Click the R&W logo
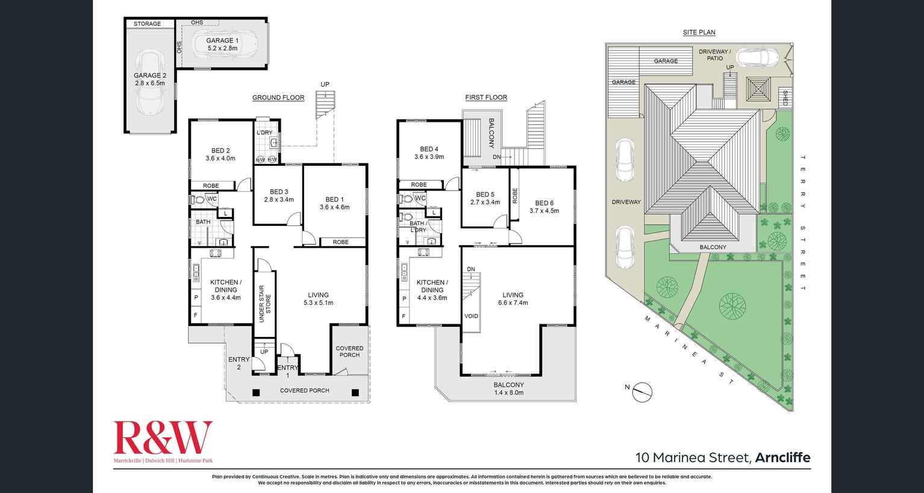pyautogui.click(x=163, y=438)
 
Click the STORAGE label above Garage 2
pyautogui.click(x=147, y=24)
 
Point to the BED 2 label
pyautogui.click(x=220, y=154)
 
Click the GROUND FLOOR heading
pyautogui.click(x=278, y=98)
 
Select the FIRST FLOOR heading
pyautogui.click(x=485, y=98)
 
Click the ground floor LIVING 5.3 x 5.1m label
pyautogui.click(x=318, y=299)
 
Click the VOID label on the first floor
pyautogui.click(x=471, y=316)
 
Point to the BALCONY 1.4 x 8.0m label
pyautogui.click(x=508, y=389)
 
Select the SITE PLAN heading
pyautogui.click(x=699, y=33)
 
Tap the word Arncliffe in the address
pyautogui.click(x=782, y=457)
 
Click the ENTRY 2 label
pyautogui.click(x=239, y=363)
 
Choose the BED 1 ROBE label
pyautogui.click(x=340, y=242)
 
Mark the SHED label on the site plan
pyautogui.click(x=784, y=97)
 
